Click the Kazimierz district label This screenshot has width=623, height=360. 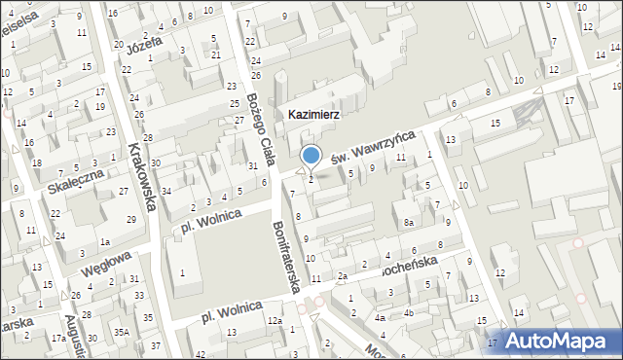tap(312, 114)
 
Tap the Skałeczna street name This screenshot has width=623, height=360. tap(75, 180)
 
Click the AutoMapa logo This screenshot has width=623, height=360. tap(559, 341)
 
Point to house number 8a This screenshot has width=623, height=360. tap(410, 223)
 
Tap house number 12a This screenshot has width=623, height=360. tap(275, 321)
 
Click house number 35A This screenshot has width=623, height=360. tap(122, 332)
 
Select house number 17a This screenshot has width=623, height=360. tap(58, 338)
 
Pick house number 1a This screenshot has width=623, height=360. tap(104, 241)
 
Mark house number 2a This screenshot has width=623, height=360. tap(343, 276)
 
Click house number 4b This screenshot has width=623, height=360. tap(410, 312)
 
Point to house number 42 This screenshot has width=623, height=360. tap(201, 354)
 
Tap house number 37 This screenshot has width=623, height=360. tap(156, 346)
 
